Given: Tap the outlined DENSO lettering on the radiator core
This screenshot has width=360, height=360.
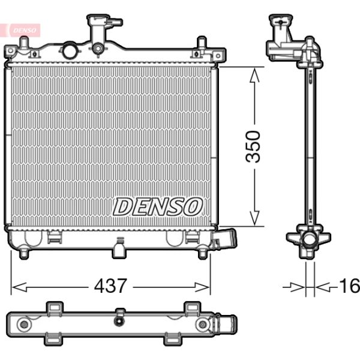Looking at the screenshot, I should click(x=157, y=207).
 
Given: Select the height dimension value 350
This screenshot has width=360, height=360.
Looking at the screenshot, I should click(x=254, y=146).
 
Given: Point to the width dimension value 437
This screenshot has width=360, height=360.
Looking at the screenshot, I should click(x=110, y=286).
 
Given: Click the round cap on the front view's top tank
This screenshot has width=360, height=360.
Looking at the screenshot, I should click(x=70, y=50).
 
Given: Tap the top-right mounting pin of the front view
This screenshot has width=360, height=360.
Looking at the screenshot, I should click(x=202, y=44).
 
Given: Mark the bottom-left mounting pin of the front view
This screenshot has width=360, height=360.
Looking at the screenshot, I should click(x=24, y=254).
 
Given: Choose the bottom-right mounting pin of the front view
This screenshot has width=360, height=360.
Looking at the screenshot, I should click(x=203, y=254).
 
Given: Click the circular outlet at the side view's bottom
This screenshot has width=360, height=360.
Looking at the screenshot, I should click(x=309, y=240).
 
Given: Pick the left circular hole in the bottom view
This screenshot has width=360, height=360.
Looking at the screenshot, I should click(x=24, y=325).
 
